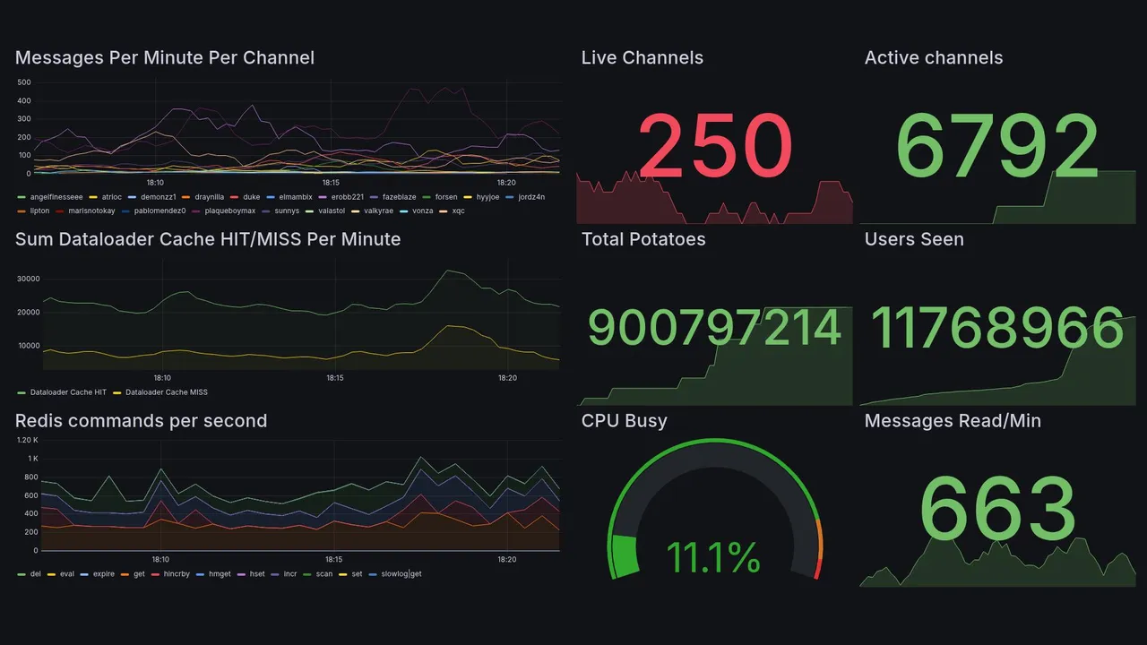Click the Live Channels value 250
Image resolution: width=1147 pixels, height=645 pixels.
(x=715, y=146)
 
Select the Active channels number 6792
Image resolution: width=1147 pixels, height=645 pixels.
(x=997, y=146)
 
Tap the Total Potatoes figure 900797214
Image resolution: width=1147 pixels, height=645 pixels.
(x=714, y=328)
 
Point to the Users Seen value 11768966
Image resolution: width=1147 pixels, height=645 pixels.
(x=997, y=328)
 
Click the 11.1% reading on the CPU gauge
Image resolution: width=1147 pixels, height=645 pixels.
(x=713, y=558)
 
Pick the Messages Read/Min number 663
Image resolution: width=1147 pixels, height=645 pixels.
(x=997, y=510)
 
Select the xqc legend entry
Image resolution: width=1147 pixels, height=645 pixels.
(x=458, y=211)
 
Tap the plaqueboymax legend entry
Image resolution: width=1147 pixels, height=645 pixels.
(x=229, y=211)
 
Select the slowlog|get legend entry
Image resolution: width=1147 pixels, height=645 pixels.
(x=401, y=573)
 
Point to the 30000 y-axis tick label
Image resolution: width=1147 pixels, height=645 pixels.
(x=29, y=279)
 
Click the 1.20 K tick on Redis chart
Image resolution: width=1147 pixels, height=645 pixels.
(x=28, y=440)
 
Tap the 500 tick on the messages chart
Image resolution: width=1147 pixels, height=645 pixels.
(x=24, y=82)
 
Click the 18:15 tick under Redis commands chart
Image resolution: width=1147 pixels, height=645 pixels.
(x=334, y=560)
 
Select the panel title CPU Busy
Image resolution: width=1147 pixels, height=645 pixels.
(x=624, y=421)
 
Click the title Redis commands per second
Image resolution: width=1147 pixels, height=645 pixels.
(x=141, y=421)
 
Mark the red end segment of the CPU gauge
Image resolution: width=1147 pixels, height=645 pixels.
(x=816, y=569)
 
